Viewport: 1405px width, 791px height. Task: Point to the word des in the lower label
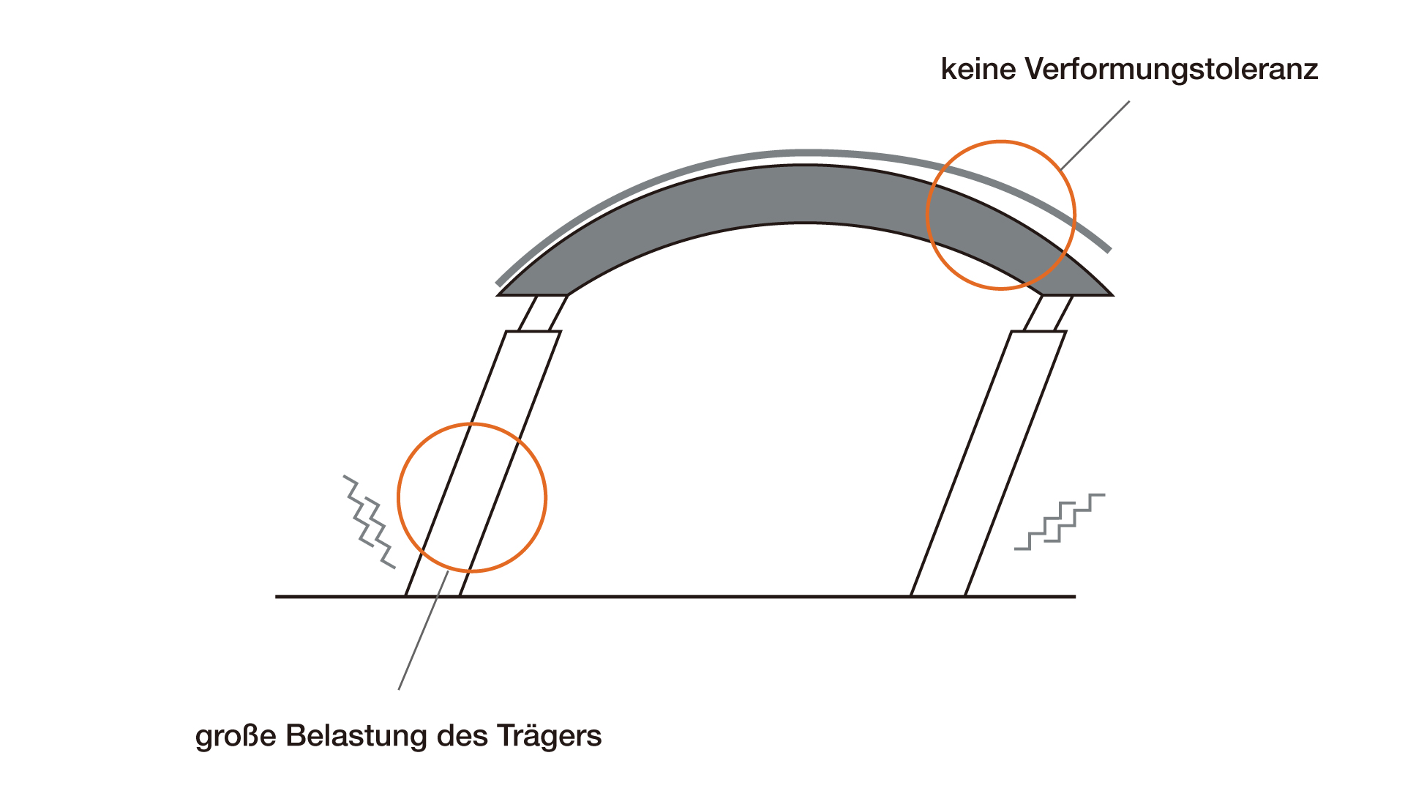click(462, 735)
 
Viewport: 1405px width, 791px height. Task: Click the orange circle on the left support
click(398, 498)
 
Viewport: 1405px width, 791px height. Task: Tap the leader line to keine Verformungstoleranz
click(1095, 135)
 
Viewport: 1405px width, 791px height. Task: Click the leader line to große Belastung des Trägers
click(423, 631)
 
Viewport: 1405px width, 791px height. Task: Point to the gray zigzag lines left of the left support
click(370, 521)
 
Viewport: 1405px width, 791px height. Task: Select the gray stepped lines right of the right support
click(1060, 521)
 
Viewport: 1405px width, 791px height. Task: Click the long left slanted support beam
click(483, 464)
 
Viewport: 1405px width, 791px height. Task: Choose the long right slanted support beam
click(989, 464)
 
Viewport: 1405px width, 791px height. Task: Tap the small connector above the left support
click(542, 313)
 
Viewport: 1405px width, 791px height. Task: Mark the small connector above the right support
click(1048, 313)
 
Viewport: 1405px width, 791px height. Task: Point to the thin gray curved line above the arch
click(805, 153)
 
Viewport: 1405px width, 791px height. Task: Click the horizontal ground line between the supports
click(685, 597)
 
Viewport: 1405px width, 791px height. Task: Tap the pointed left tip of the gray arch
click(498, 294)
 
